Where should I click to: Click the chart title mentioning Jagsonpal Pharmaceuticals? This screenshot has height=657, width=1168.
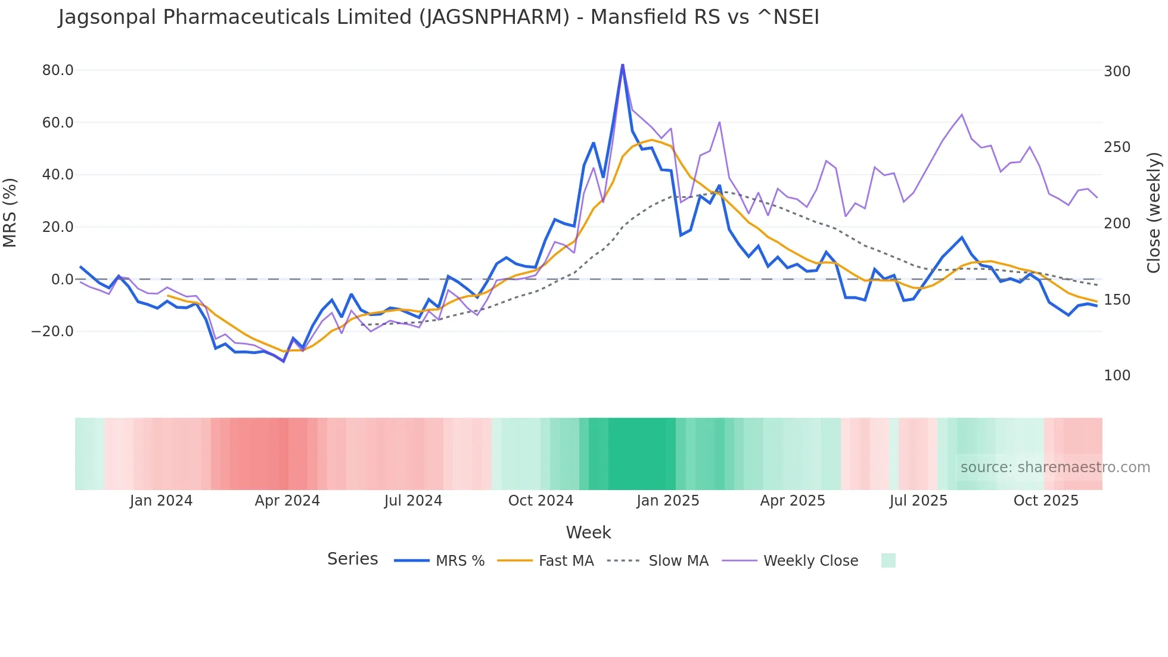pyautogui.click(x=439, y=17)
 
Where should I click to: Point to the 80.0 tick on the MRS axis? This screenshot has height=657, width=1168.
pyautogui.click(x=58, y=70)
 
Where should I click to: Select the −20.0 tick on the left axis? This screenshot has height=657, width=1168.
pyautogui.click(x=52, y=331)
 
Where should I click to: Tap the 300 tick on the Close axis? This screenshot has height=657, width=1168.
pyautogui.click(x=1117, y=72)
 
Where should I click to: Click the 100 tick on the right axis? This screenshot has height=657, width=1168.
pyautogui.click(x=1117, y=376)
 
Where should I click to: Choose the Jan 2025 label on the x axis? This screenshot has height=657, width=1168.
pyautogui.click(x=667, y=501)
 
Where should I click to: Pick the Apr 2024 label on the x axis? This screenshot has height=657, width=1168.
pyautogui.click(x=287, y=501)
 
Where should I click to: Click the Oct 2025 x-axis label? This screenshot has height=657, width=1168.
pyautogui.click(x=1046, y=501)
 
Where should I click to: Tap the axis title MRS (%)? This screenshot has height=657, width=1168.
pyautogui.click(x=10, y=213)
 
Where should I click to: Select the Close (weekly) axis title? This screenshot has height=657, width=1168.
pyautogui.click(x=1154, y=213)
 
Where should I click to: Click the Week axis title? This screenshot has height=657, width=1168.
pyautogui.click(x=588, y=532)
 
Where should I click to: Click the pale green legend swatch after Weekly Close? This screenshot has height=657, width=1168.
pyautogui.click(x=888, y=560)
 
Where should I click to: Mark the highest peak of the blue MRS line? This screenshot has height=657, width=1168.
pyautogui.click(x=622, y=65)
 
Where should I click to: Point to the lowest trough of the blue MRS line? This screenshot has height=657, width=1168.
pyautogui.click(x=284, y=361)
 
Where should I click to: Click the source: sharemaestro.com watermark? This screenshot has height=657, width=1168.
pyautogui.click(x=1055, y=467)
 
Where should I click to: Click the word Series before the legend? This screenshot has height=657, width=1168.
pyautogui.click(x=352, y=559)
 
